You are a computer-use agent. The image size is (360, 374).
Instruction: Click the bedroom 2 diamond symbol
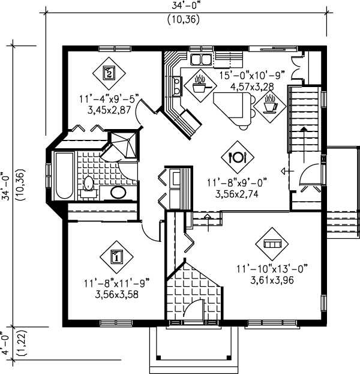tap(109, 73)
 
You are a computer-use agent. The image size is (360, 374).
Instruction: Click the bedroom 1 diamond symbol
tap(116, 257)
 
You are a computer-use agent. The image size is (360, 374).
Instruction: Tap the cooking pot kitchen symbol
tap(200, 86)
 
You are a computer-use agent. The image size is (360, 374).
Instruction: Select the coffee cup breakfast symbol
tap(270, 106)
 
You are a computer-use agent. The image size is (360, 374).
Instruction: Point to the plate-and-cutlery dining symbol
tap(238, 157)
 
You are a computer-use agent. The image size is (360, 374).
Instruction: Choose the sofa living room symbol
tap(272, 244)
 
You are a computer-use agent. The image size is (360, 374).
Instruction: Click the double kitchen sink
tap(201, 59)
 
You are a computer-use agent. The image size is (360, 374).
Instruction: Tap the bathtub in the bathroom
tap(64, 175)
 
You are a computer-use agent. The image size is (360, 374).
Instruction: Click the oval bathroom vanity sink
tap(118, 193)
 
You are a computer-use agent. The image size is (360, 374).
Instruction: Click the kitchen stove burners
tap(177, 86)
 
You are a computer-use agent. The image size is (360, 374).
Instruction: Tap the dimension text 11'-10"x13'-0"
tap(272, 269)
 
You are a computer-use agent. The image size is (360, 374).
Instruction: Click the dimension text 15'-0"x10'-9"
tap(252, 76)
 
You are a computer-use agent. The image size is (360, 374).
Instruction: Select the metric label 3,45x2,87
tap(109, 110)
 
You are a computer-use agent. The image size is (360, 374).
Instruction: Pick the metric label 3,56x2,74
tap(237, 194)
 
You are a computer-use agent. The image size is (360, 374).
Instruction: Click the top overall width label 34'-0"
tap(185, 5)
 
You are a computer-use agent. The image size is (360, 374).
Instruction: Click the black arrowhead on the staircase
tap(304, 129)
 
